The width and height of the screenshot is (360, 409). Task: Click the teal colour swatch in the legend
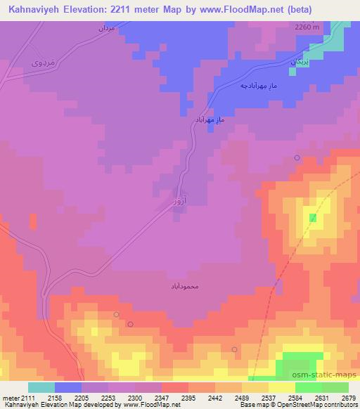coord(41,387)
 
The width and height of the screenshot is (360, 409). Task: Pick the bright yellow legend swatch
coord(281,387)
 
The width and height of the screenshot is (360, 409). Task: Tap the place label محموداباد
coord(184,287)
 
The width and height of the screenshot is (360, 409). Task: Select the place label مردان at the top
coord(103,30)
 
